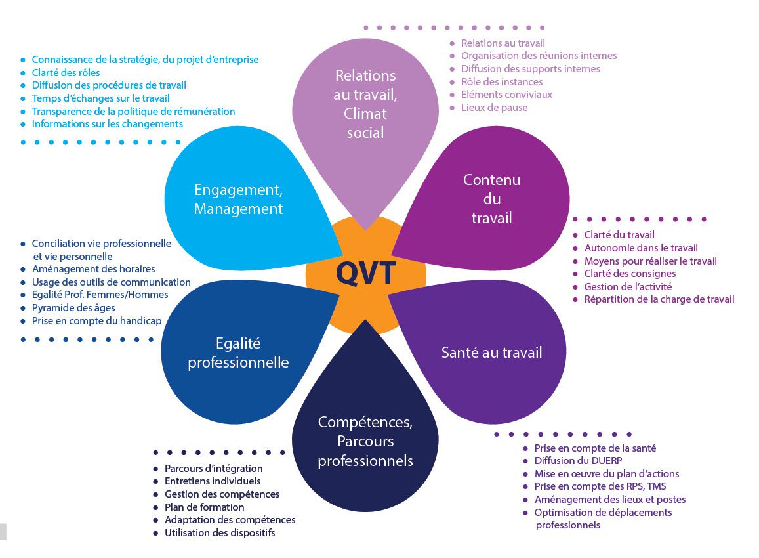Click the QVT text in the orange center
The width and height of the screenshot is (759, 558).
click(x=366, y=273)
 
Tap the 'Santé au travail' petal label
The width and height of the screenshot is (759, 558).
click(x=491, y=352)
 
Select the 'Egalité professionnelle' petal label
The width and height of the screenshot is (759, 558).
click(x=238, y=353)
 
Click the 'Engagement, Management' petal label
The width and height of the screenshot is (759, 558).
click(x=238, y=199)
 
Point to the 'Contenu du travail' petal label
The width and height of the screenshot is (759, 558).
click(x=492, y=199)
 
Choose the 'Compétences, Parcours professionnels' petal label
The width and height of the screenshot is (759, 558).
click(x=365, y=441)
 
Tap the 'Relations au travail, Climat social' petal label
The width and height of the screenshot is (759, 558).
click(x=365, y=104)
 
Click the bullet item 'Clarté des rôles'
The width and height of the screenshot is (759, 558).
click(x=66, y=73)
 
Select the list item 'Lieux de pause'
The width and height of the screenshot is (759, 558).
click(x=494, y=108)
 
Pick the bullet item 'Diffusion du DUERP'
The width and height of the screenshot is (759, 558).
click(x=578, y=461)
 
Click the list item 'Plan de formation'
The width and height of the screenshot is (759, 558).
click(x=204, y=507)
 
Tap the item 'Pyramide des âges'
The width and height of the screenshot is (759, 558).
click(x=73, y=308)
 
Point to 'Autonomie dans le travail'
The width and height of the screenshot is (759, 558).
click(x=641, y=248)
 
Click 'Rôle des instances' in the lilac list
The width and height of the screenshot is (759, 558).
click(x=501, y=82)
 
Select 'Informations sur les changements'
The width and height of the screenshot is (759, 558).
click(x=108, y=124)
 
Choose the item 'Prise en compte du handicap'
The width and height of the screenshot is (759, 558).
click(x=97, y=320)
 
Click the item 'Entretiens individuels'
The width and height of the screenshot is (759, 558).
click(x=213, y=481)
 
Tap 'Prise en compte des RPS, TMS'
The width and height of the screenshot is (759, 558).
click(x=600, y=486)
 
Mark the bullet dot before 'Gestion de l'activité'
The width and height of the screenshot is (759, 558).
click(x=575, y=287)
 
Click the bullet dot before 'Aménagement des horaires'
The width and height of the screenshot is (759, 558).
click(x=23, y=269)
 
